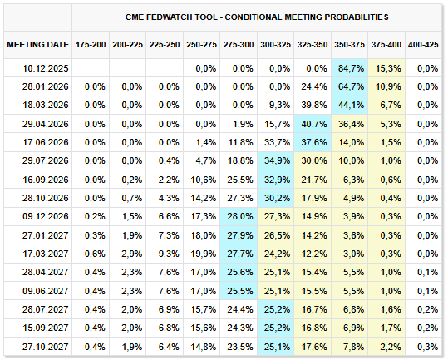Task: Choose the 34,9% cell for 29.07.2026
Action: point(277,160)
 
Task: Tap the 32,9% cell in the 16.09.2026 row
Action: point(277,180)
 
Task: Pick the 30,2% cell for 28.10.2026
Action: point(277,198)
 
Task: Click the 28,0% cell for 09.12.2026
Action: point(239,216)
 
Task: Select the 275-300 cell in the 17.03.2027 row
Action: point(239,254)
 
